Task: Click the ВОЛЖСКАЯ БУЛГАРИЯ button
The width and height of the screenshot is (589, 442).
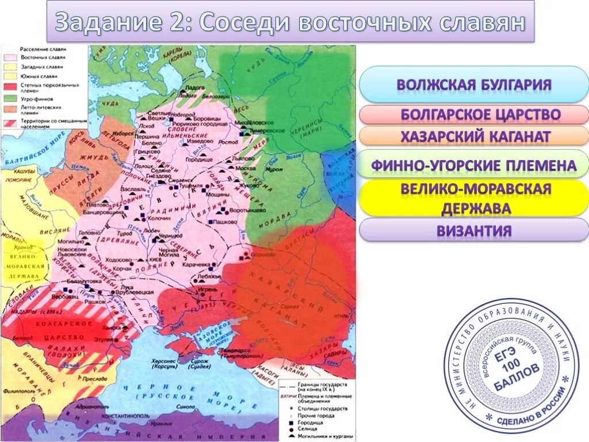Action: tap(473, 85)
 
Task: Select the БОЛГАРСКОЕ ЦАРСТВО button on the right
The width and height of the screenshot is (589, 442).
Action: tap(473, 115)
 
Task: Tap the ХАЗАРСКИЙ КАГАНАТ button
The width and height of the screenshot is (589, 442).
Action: tap(473, 137)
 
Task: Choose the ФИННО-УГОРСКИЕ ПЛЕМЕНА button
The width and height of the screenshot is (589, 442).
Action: tap(473, 166)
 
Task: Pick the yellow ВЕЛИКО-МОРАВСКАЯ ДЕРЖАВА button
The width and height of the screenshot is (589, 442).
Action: tap(473, 198)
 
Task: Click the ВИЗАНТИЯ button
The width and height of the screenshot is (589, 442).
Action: tap(473, 231)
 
